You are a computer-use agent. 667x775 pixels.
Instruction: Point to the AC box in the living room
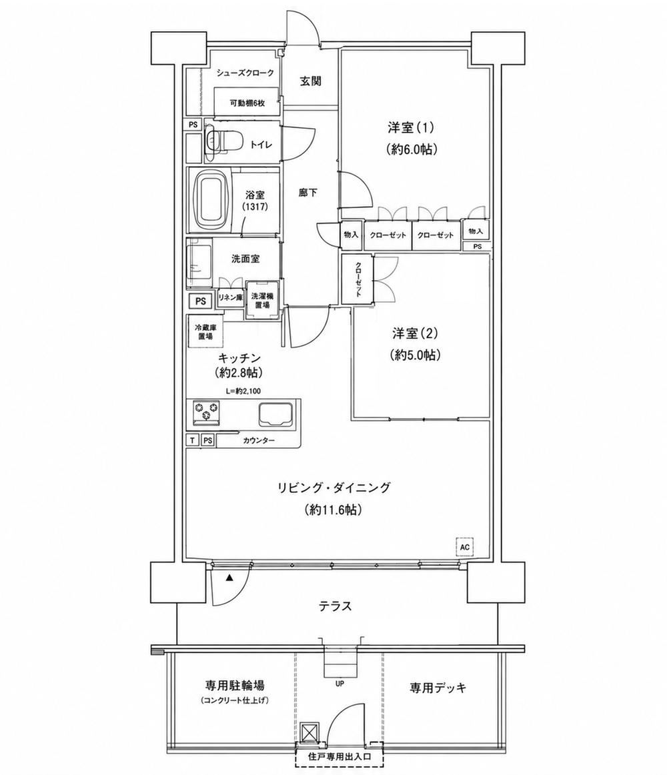464,547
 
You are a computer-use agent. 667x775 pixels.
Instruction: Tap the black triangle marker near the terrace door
229,578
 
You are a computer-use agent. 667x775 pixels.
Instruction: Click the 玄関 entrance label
311,81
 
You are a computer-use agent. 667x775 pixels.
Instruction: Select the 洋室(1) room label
411,128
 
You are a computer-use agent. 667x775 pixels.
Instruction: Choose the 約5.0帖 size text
416,355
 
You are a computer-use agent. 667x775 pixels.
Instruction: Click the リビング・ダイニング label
333,488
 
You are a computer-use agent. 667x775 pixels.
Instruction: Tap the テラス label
336,606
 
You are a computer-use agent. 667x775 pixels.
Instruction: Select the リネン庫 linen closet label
230,297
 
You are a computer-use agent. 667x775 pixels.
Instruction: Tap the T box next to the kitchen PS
191,440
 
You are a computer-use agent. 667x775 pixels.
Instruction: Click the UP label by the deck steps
340,684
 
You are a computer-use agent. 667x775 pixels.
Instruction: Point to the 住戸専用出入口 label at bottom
340,757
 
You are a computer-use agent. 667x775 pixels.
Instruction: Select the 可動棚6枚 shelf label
247,103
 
